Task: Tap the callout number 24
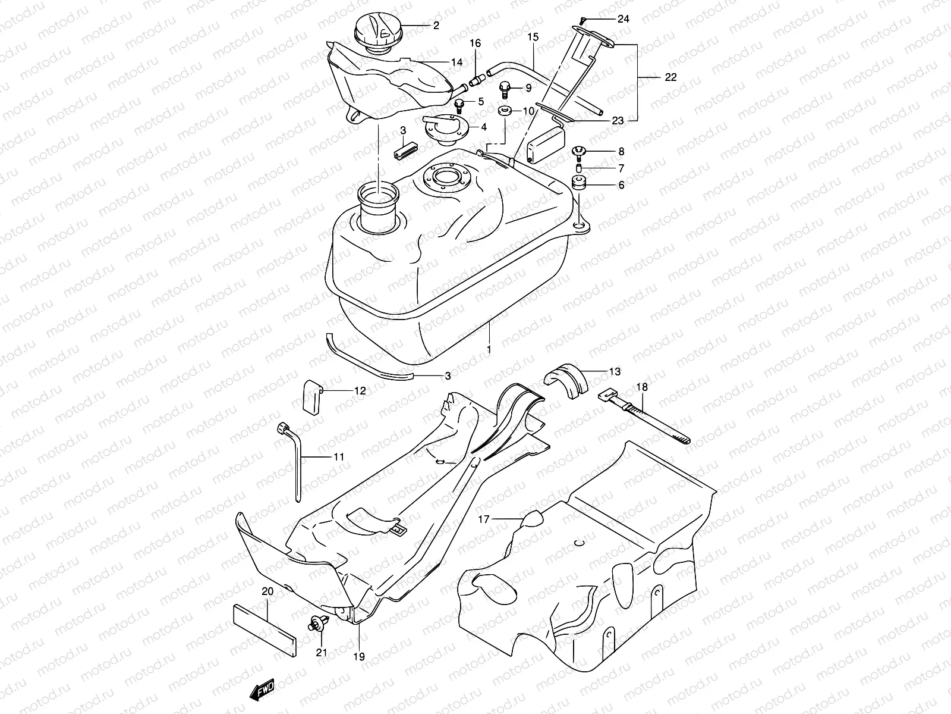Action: [622, 19]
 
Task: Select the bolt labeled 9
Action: [505, 89]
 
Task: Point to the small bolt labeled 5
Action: [476, 105]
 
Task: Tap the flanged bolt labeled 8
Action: [580, 152]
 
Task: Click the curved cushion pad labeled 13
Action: [566, 381]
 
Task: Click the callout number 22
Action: [670, 77]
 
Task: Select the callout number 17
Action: [484, 519]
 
